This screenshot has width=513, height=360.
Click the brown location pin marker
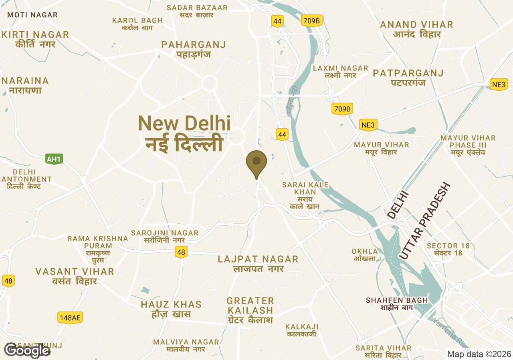tap(256, 162)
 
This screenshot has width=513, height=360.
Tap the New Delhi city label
tap(184, 133)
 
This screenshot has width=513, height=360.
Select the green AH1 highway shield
tap(54, 159)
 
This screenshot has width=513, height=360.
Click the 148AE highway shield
tap(70, 318)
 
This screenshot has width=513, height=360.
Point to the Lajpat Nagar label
tap(258, 263)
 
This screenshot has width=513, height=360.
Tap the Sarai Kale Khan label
tap(305, 195)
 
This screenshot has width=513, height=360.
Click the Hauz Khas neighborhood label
tap(171, 309)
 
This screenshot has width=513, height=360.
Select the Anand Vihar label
tap(417, 29)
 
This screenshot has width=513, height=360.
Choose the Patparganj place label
tap(408, 78)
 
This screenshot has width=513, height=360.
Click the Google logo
tap(27, 350)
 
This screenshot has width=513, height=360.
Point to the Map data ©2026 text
tap(479, 354)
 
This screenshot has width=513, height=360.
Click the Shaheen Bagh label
tap(397, 303)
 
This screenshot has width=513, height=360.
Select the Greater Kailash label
tap(250, 310)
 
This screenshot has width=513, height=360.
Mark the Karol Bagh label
tap(137, 24)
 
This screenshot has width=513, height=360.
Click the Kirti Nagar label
tap(35, 39)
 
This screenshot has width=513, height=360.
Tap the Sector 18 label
tap(448, 249)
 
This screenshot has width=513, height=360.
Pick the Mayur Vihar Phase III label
tap(468, 145)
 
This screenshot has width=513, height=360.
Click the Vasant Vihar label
tap(75, 276)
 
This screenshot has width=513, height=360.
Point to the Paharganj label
tap(194, 49)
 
